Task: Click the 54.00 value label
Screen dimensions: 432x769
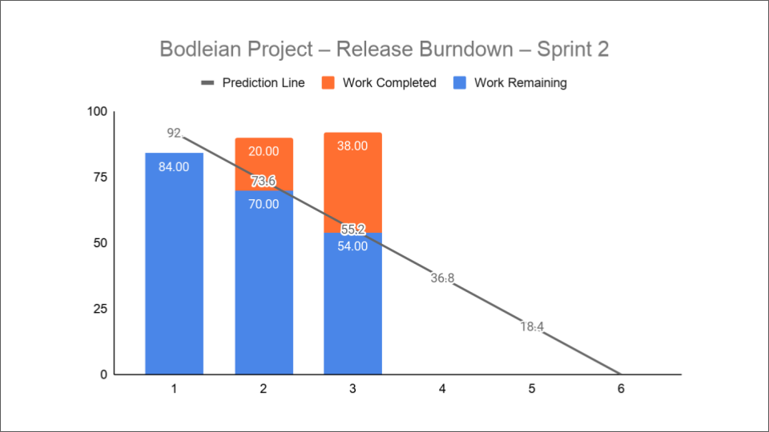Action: pos(352,246)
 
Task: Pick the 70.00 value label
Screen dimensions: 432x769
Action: pos(264,204)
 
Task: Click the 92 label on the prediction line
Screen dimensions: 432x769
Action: pos(174,133)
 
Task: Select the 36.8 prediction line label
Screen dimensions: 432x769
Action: pos(442,278)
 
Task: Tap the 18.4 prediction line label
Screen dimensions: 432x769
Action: pos(532,326)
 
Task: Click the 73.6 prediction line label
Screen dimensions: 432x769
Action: pos(264,182)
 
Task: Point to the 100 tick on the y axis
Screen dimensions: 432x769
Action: pos(96,112)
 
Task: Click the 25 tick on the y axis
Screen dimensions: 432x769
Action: pos(100,309)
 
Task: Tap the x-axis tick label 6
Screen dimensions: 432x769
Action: pos(621,390)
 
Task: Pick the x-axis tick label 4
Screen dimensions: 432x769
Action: pos(442,390)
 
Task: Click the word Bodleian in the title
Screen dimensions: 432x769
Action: pos(201,49)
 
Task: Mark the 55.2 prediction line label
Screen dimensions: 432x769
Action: pos(352,230)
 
